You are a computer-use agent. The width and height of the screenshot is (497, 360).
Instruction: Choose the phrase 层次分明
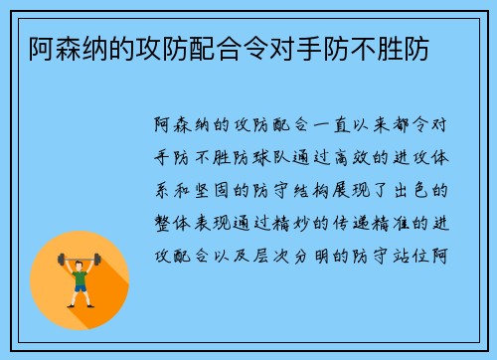(295, 251)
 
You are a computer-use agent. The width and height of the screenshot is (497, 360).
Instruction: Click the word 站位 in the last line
(417, 251)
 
